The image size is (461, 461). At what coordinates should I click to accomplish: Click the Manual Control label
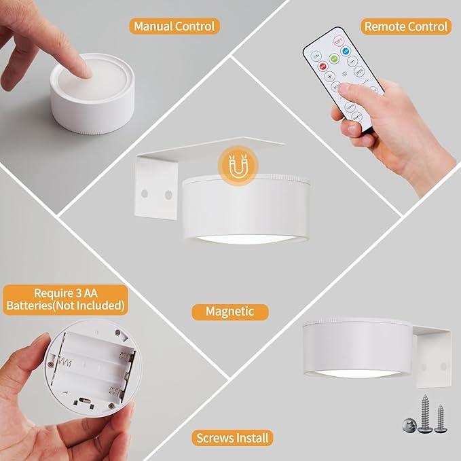click(174, 26)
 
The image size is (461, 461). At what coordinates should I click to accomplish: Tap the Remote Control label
click(406, 26)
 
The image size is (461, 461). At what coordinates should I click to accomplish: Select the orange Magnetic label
click(229, 312)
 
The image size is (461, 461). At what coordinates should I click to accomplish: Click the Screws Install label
click(232, 438)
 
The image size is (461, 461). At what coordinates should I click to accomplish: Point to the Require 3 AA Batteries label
click(65, 299)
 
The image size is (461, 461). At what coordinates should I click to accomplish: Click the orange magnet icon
click(236, 170)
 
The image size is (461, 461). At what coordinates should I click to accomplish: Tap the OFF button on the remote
click(337, 42)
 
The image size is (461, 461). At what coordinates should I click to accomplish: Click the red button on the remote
click(322, 66)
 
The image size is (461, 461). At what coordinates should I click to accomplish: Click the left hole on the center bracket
click(144, 193)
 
